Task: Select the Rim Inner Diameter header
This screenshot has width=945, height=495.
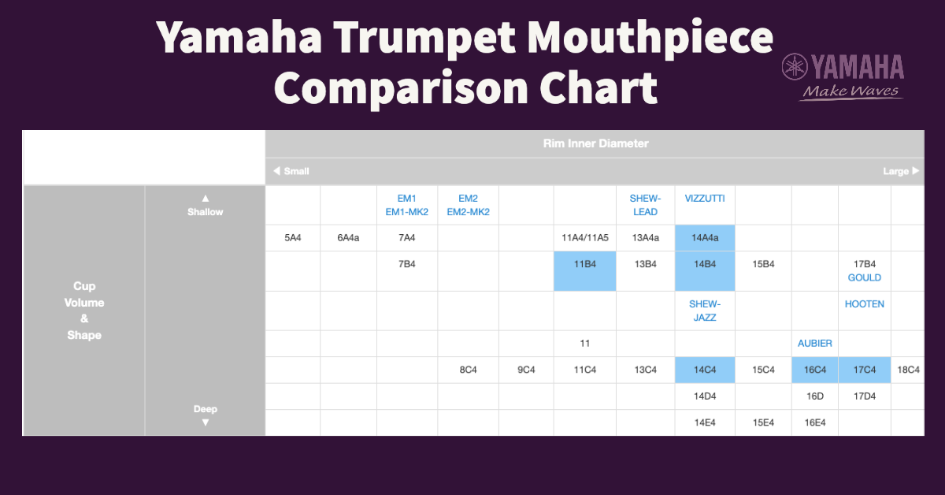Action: click(595, 143)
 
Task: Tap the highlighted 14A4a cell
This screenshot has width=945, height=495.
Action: click(704, 237)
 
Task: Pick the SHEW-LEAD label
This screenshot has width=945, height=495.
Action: click(645, 205)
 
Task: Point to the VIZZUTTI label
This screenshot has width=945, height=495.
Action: click(704, 199)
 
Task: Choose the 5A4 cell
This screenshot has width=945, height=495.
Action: click(292, 237)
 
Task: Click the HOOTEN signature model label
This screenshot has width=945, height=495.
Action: click(864, 304)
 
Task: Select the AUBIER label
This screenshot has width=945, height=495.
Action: click(814, 344)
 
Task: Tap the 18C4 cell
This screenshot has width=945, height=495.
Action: click(908, 370)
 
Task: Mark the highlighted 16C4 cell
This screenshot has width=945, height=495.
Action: click(814, 370)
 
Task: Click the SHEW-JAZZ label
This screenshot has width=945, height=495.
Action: click(704, 311)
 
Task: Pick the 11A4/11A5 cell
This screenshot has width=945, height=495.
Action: click(584, 237)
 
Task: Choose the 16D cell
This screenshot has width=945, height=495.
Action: click(814, 396)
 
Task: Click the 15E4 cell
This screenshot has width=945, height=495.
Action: click(762, 422)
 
